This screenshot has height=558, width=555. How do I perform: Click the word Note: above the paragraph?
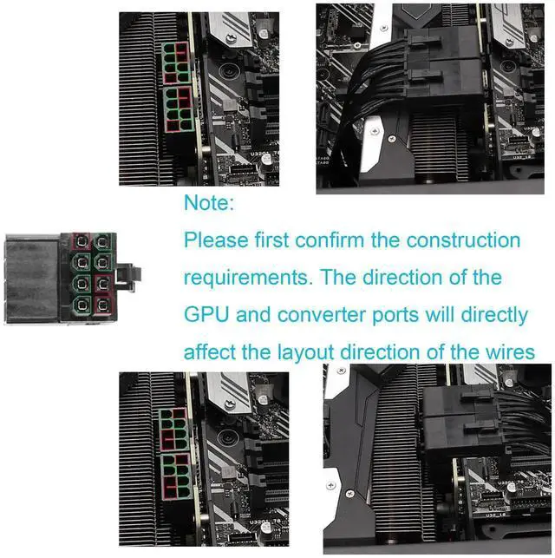tap(209, 204)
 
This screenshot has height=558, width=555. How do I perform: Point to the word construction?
tap(466, 240)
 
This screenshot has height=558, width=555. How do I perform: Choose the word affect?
tap(209, 351)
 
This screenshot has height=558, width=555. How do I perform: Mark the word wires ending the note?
tap(511, 351)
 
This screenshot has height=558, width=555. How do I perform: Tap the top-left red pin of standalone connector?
tap(81, 240)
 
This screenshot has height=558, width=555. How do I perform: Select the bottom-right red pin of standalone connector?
tap(103, 305)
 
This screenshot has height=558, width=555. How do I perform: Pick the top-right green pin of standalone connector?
tap(103, 240)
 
